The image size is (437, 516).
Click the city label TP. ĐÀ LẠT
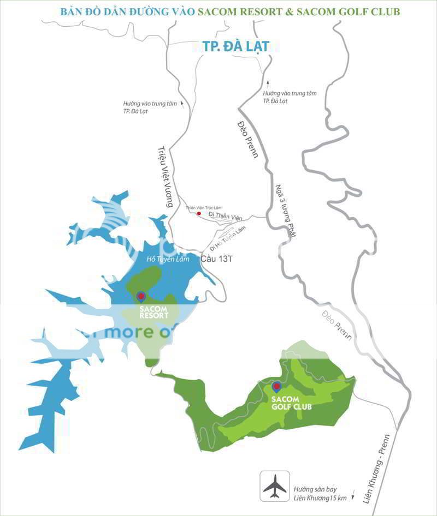click(235, 46)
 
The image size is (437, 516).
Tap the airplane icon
click(274, 485)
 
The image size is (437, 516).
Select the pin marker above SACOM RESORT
click(141, 296)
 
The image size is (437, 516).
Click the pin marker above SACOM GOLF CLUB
click(276, 387)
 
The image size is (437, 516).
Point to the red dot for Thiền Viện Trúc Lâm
click(199, 214)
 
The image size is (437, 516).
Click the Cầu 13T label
click(217, 259)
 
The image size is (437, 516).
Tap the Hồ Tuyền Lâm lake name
click(171, 260)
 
